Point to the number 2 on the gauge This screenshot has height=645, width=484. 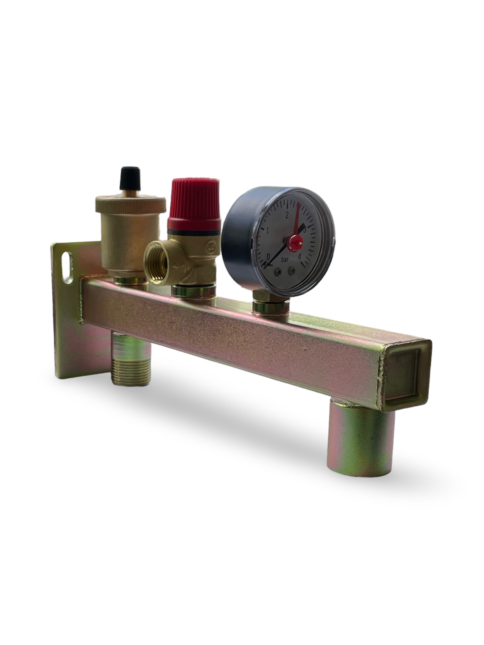point(287,215)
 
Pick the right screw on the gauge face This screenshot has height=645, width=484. point(291,271)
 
